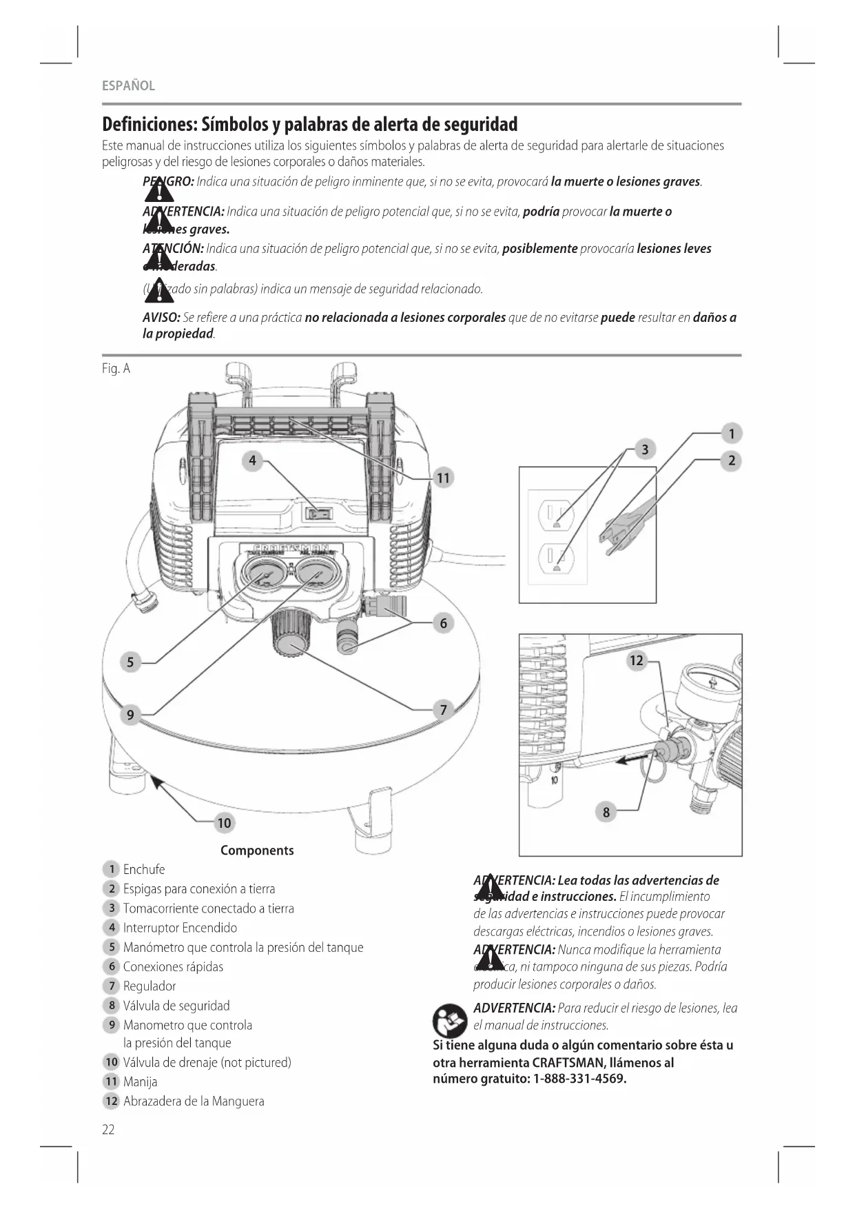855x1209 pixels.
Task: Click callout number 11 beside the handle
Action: click(x=443, y=478)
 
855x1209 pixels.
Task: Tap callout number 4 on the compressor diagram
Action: click(x=252, y=460)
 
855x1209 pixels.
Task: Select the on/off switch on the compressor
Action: click(x=319, y=514)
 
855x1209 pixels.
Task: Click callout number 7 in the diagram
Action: click(x=444, y=710)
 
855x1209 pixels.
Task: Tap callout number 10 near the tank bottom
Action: click(x=224, y=823)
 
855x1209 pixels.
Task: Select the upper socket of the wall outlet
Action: click(x=557, y=513)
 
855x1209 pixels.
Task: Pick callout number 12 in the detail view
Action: click(x=636, y=661)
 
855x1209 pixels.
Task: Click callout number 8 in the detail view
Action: click(x=606, y=812)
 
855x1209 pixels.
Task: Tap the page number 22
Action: click(x=108, y=1129)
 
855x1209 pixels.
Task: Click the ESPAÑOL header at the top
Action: click(x=128, y=86)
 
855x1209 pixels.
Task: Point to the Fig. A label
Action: click(x=116, y=369)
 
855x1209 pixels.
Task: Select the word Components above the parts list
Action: click(x=257, y=851)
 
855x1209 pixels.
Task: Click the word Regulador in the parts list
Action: click(x=150, y=986)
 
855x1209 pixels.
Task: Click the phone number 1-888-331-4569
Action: click(x=579, y=1079)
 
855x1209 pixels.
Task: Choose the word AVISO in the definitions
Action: click(x=161, y=318)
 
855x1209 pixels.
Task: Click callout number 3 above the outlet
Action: click(x=645, y=450)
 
